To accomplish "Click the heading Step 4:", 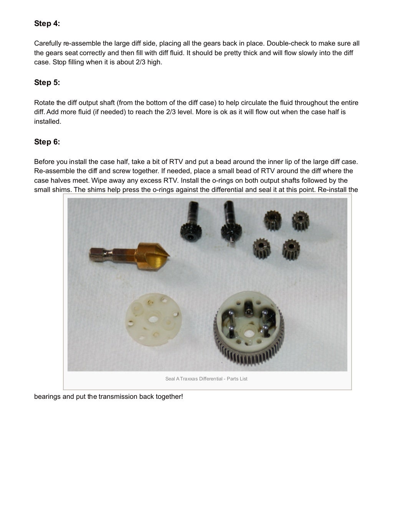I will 47,24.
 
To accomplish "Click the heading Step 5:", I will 47,83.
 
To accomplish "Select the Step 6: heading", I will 47,142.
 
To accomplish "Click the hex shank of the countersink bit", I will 101,253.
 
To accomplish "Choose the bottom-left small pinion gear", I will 262,247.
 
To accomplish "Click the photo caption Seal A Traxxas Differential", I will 206,379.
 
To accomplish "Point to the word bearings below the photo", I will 47,397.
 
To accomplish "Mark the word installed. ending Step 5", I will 48,122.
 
